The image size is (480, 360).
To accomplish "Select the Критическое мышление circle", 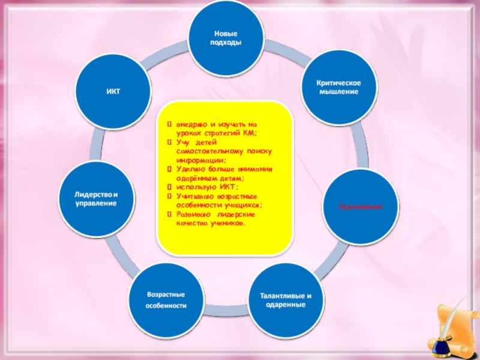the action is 339,87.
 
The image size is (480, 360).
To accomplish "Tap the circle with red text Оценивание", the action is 361,206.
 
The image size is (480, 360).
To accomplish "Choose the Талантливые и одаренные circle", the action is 286,300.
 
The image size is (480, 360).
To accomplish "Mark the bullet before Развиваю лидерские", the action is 170,213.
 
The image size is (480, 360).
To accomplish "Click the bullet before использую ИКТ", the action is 170,187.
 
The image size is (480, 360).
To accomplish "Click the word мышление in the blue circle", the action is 338,92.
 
